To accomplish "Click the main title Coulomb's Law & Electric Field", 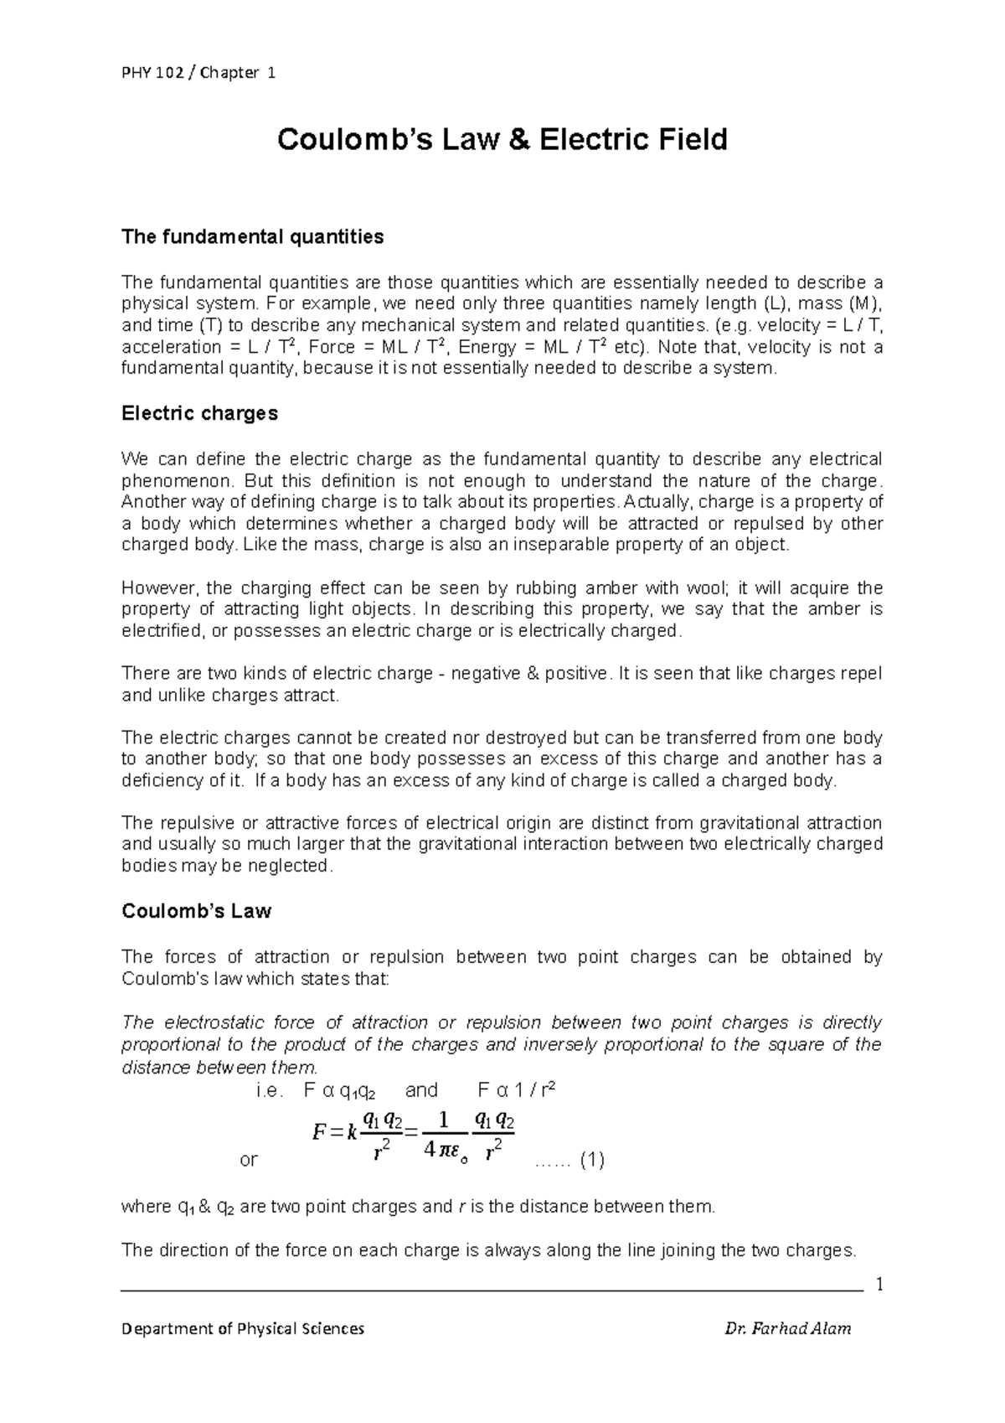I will [x=502, y=139].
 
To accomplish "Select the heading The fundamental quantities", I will [x=252, y=237].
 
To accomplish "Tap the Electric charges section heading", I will [x=199, y=414].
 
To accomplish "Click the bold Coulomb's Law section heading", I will [x=196, y=911].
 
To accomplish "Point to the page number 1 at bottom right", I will [x=879, y=1285].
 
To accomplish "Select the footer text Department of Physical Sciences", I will [x=243, y=1328].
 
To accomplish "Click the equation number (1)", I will [x=592, y=1160].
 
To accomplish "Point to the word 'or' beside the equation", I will [x=249, y=1160].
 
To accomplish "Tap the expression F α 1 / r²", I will [x=517, y=1090].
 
